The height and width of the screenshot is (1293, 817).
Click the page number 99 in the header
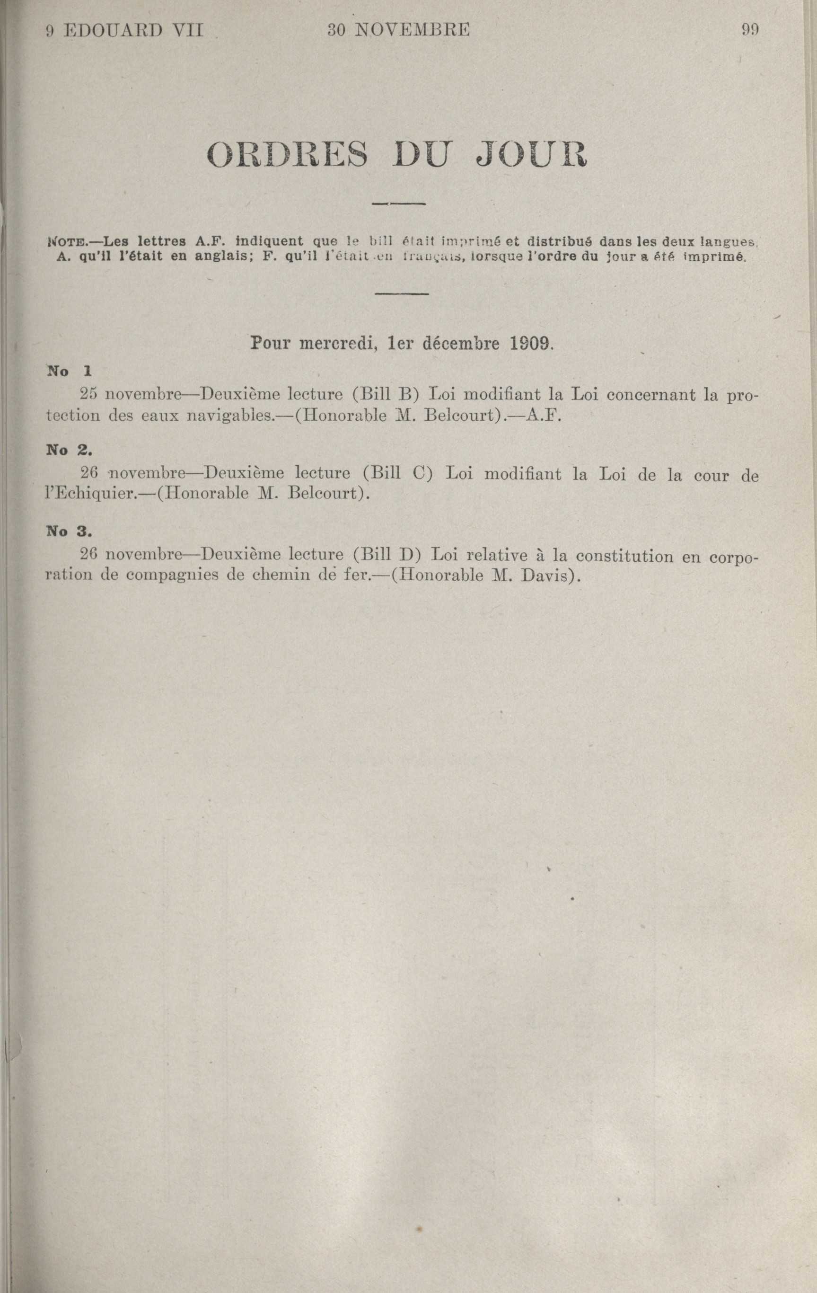(x=750, y=30)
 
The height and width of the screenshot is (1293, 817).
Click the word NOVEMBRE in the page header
(x=412, y=30)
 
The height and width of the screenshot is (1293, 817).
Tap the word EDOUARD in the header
(x=112, y=31)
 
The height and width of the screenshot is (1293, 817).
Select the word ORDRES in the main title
(x=288, y=155)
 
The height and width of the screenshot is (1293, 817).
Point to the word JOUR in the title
(x=532, y=155)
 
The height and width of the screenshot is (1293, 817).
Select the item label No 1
(x=70, y=370)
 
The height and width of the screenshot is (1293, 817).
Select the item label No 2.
(x=70, y=450)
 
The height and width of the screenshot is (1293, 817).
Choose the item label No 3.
(x=70, y=531)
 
